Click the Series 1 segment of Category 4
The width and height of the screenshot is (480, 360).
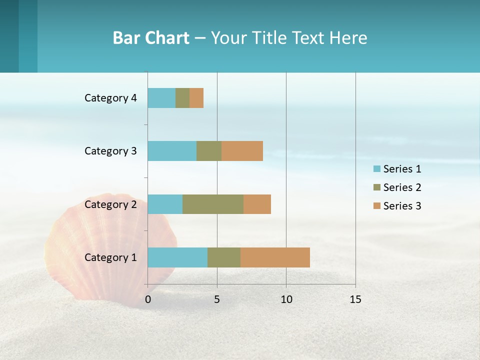point(161,98)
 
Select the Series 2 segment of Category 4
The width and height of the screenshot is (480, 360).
point(182,98)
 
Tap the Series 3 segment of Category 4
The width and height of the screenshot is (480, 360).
point(196,98)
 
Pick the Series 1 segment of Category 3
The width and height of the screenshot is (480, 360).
point(172,151)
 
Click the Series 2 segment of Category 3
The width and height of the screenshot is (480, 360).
point(209,151)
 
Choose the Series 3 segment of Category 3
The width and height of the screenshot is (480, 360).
point(242,151)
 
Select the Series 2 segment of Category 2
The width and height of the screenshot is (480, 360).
point(213,204)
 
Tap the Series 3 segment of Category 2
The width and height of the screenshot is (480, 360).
point(257,204)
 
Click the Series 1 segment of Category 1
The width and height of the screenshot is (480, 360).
point(177,257)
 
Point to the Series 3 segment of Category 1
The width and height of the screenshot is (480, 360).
point(275,257)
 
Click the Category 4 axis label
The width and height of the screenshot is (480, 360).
point(110,98)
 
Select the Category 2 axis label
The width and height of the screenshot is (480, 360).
point(110,204)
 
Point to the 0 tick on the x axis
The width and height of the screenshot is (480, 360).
point(148,299)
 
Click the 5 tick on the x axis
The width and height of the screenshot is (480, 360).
point(217,299)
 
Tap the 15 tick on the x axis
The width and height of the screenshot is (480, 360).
point(355,299)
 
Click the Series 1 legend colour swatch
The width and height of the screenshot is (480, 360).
point(377,169)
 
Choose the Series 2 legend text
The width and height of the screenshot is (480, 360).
point(402,187)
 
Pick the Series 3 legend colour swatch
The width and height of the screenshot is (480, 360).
point(377,206)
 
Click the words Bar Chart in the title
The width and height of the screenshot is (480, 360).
point(151,38)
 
